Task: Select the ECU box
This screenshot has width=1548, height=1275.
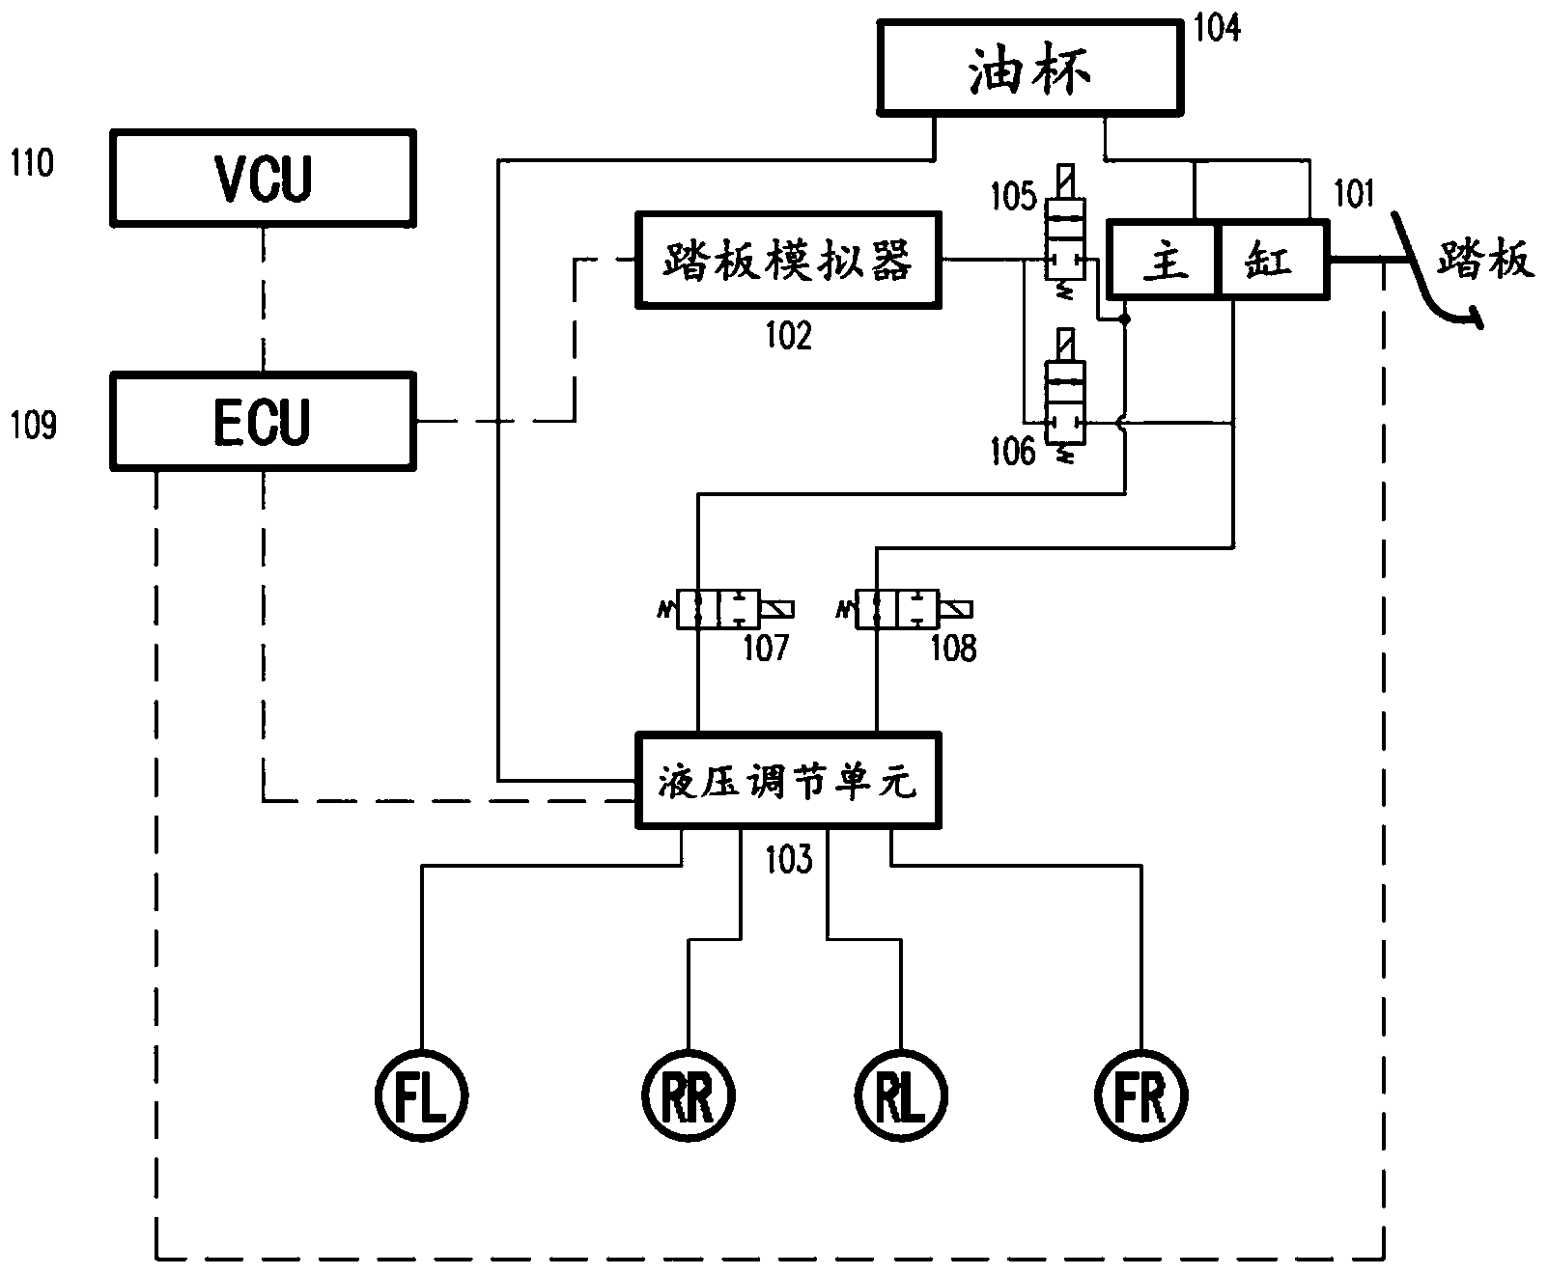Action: pyautogui.click(x=263, y=422)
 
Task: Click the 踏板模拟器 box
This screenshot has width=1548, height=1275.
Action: pyautogui.click(x=787, y=260)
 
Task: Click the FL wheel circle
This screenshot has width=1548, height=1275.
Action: pyautogui.click(x=421, y=1095)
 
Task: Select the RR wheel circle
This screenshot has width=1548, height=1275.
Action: pyautogui.click(x=689, y=1095)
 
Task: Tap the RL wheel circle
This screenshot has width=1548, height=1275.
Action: pyautogui.click(x=900, y=1095)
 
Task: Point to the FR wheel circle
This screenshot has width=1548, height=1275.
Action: pyautogui.click(x=1141, y=1095)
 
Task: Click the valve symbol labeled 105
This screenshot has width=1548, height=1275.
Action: pyautogui.click(x=1065, y=236)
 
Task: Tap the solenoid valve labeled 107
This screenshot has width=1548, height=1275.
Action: pyautogui.click(x=730, y=609)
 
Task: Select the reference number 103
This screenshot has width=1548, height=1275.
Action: pyautogui.click(x=789, y=858)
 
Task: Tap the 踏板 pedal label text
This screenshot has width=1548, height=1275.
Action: pyautogui.click(x=1485, y=260)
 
